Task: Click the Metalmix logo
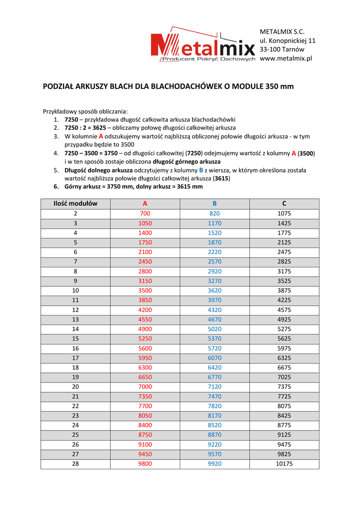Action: coord(204,44)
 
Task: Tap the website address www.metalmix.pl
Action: coord(286,59)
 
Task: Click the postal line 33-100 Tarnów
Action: coord(282,50)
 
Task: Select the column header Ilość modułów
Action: coord(75,203)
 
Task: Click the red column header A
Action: coord(145,203)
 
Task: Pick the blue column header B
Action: coord(215,203)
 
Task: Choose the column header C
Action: coord(284,203)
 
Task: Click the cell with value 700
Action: coord(145,213)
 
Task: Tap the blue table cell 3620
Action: coord(215,290)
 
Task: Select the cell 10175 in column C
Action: coord(284,464)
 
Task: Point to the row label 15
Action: coord(75,338)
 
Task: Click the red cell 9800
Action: coord(145,464)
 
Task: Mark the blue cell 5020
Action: coord(215,329)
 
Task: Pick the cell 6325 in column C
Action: coord(284,358)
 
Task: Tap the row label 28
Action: coord(75,464)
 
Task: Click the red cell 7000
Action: coord(145,386)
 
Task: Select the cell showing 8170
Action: coord(215,416)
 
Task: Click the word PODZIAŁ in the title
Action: coord(60,86)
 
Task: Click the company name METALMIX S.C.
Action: coord(282,32)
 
